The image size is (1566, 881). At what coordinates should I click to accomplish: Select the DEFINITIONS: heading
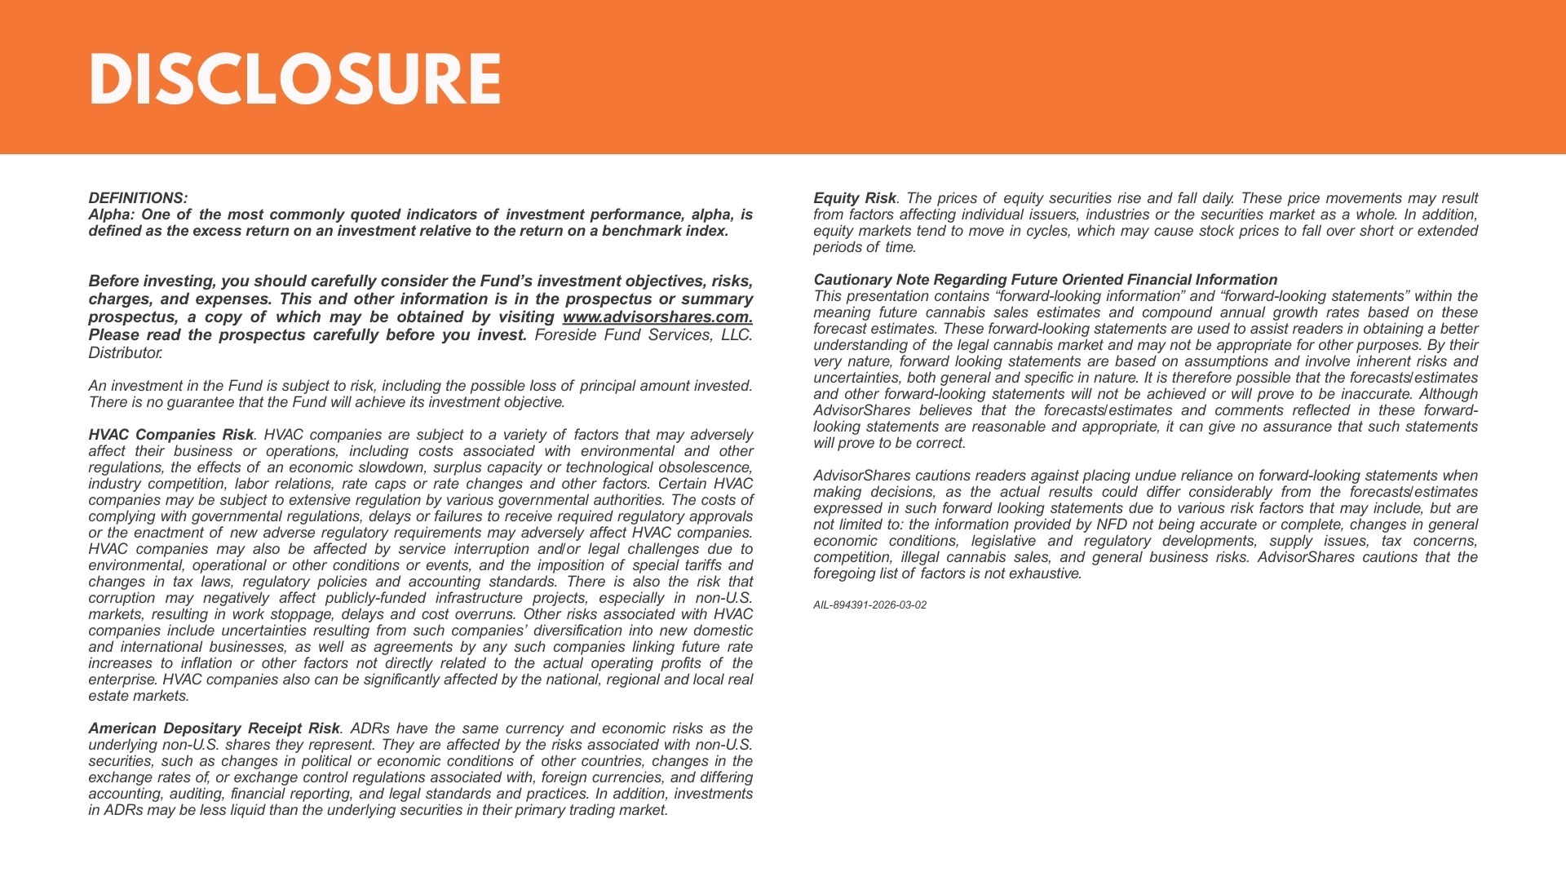[x=138, y=198]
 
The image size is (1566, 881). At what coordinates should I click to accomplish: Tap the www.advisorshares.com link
[x=657, y=317]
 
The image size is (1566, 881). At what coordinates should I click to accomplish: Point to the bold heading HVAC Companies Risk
[x=170, y=435]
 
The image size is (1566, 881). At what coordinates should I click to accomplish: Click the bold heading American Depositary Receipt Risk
[x=214, y=728]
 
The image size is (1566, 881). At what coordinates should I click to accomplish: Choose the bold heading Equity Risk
[x=854, y=198]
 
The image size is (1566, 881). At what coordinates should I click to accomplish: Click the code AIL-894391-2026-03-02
[x=869, y=605]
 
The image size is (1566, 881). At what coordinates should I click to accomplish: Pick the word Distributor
[x=125, y=353]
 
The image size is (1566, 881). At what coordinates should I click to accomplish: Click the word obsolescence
[x=706, y=467]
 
